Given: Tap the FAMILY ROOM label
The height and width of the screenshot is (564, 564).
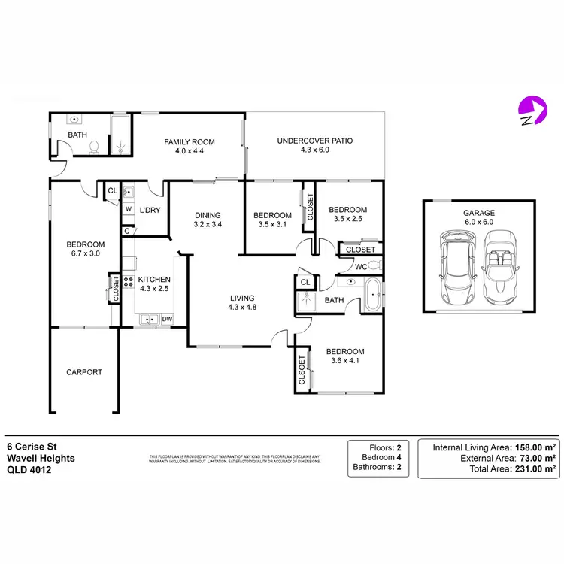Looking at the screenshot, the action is point(190,142).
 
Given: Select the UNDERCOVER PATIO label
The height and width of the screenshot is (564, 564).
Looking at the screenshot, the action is point(315,141).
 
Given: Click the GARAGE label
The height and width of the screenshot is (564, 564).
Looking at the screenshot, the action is point(479,214).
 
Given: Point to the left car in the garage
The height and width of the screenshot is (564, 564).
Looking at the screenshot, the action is point(457,265).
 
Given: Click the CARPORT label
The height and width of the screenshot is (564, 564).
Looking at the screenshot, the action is point(84,372).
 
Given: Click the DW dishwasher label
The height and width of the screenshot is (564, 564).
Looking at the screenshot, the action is point(167,319).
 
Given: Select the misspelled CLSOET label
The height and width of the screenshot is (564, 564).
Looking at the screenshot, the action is point(302,370).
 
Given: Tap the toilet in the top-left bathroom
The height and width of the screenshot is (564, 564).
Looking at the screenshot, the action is point(93,147).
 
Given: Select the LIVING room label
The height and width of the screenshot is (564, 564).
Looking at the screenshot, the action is point(242,298).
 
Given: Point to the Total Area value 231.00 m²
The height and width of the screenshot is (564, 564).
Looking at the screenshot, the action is point(535,468).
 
